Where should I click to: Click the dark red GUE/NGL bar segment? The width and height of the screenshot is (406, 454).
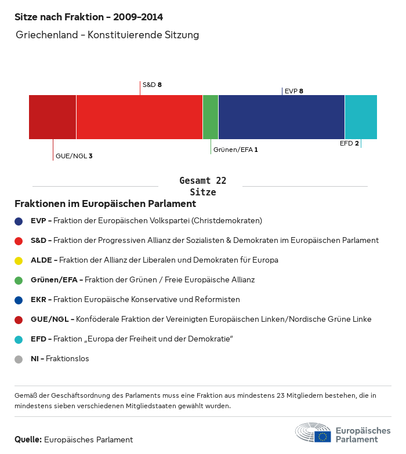[52, 117]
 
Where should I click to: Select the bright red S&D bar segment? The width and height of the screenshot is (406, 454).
[139, 117]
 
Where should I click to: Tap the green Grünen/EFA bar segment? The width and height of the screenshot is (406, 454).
[211, 117]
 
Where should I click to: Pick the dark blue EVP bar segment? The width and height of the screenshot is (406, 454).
[281, 117]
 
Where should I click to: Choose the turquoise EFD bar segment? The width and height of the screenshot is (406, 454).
[361, 117]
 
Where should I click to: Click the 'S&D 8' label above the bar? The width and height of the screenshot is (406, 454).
[152, 85]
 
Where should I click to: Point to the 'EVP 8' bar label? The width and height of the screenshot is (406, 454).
[294, 91]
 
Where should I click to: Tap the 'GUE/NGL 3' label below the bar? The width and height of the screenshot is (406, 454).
[74, 156]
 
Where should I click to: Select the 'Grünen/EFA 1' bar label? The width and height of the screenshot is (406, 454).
[235, 150]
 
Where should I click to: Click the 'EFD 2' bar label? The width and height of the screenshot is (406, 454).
[349, 143]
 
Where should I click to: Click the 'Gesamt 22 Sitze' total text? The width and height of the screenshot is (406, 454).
[203, 186]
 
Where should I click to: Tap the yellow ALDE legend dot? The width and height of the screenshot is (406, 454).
[19, 260]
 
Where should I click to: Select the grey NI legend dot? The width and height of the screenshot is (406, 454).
[19, 359]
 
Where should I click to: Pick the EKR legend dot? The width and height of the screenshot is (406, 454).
[19, 300]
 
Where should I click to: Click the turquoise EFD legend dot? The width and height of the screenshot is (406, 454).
[19, 339]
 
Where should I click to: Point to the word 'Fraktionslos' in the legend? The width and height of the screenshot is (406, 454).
[68, 359]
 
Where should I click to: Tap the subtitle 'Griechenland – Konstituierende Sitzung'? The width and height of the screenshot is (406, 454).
[107, 35]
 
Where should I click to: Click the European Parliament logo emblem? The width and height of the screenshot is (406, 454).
[313, 433]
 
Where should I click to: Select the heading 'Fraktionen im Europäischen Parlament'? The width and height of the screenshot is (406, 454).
[105, 204]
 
